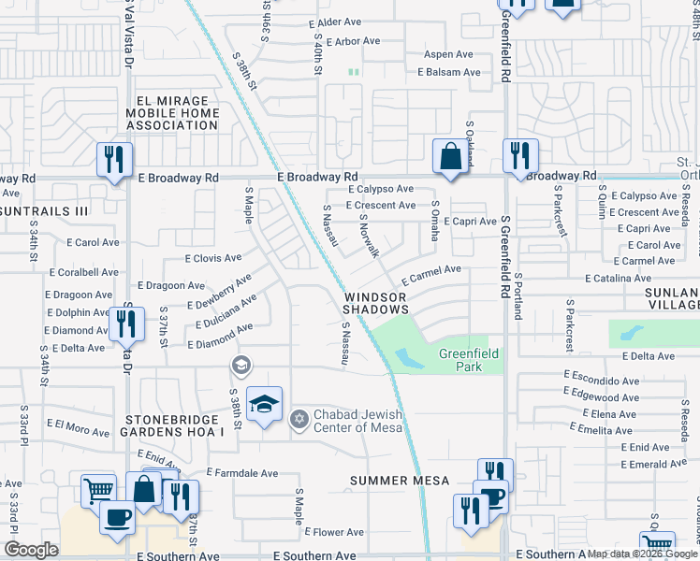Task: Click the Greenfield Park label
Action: click(460, 360)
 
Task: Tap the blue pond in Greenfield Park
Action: click(408, 358)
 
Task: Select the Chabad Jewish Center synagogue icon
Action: click(299, 418)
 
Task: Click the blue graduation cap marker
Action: click(265, 404)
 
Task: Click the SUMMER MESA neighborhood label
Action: click(400, 481)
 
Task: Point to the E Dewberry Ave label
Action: click(220, 292)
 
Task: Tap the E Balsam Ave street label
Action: click(449, 72)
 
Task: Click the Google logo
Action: click(32, 549)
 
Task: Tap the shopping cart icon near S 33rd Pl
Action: click(98, 489)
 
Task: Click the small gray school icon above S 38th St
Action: click(241, 366)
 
